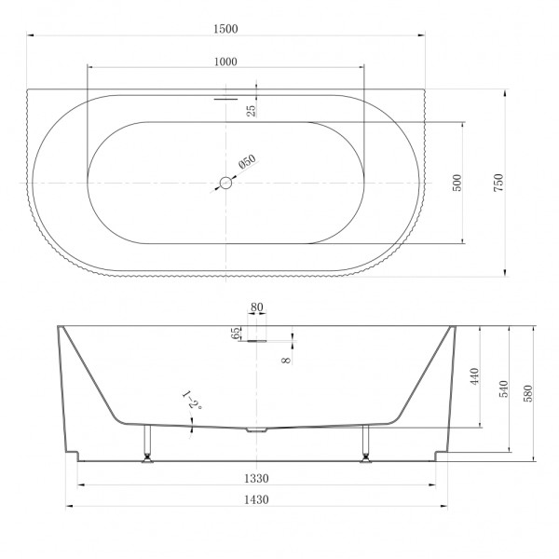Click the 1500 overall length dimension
225,29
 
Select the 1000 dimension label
225,61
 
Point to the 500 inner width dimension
457,183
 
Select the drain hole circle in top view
225,184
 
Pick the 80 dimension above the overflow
256,307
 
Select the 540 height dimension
505,389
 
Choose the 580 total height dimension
529,392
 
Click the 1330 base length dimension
256,479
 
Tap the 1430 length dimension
256,500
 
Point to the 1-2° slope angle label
192,402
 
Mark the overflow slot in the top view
226,96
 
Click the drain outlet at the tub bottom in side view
256,430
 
